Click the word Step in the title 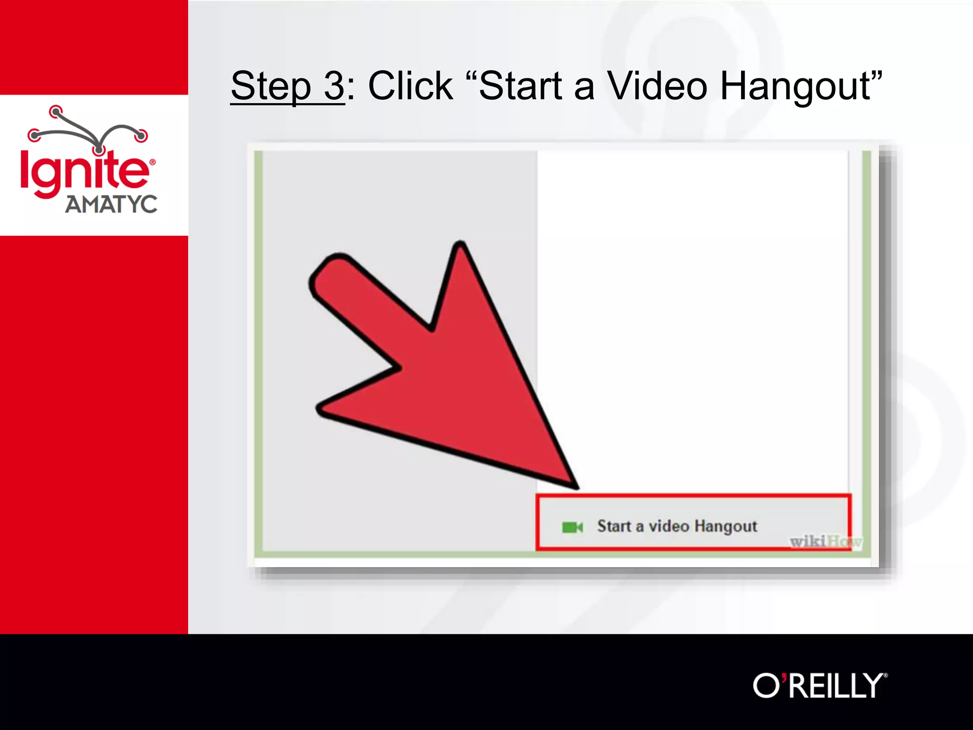[271, 86]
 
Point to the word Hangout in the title [796, 86]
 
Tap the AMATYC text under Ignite [111, 204]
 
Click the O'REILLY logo [820, 685]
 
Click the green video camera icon [572, 527]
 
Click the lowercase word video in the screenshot [669, 526]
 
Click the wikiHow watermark [825, 541]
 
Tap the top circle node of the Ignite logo [56, 112]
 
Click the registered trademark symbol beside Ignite [153, 163]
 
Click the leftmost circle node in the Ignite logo [34, 135]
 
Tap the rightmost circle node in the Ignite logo [141, 135]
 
